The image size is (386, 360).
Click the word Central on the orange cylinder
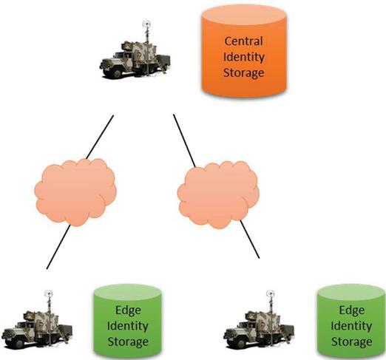point(243,41)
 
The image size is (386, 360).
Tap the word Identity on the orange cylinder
point(243,58)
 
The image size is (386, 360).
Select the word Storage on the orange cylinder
point(243,73)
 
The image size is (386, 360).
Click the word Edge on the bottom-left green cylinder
point(128,310)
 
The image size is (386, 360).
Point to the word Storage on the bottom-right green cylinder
point(351,342)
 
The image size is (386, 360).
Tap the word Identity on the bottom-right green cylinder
point(351,326)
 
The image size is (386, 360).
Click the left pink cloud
point(75,192)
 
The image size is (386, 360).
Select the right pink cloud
point(218,194)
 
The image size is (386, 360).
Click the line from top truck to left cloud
point(100,137)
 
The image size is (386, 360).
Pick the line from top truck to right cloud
point(185,141)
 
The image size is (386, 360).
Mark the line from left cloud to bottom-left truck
point(58,246)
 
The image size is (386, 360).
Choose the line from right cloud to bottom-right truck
point(250,239)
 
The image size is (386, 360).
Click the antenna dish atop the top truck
point(146,24)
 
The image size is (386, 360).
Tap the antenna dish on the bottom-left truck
point(49,293)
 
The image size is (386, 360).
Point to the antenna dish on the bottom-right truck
point(271,293)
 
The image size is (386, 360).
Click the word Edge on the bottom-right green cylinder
point(352,310)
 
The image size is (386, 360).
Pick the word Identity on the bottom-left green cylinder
point(128,326)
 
